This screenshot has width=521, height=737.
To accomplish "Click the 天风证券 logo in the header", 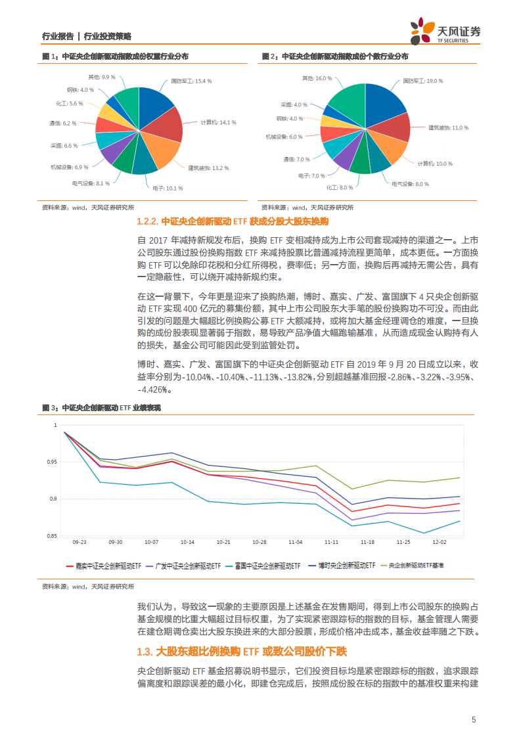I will tap(445, 30).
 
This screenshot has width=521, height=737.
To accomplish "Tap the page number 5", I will tap(474, 719).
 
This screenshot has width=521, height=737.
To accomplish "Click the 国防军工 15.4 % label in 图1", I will tap(191, 81).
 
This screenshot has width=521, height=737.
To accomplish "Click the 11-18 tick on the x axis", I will tap(367, 543).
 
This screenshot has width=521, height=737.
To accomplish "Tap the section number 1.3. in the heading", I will tap(144, 652).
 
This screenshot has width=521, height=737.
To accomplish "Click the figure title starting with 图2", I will tap(334, 56).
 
